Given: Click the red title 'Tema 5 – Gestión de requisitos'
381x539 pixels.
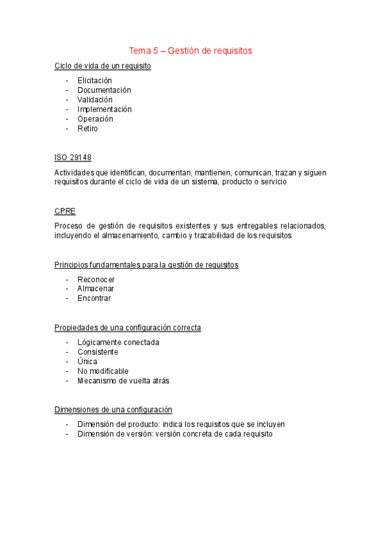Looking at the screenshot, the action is click(190, 50).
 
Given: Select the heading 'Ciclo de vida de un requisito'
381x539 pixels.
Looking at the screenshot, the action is click(102, 66).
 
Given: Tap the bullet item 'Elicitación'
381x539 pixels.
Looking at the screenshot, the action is click(94, 81).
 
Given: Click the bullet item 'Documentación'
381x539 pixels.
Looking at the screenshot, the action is click(104, 90).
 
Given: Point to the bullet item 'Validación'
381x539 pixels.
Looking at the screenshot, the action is click(95, 100).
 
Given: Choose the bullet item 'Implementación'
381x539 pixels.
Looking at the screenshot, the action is click(104, 109).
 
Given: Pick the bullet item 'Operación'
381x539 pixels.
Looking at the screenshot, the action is click(95, 119).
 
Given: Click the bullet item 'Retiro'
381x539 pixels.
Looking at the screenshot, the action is click(88, 128).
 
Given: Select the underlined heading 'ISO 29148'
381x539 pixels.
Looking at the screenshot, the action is click(73, 158).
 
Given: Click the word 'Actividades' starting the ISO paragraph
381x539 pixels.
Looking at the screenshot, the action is click(73, 172).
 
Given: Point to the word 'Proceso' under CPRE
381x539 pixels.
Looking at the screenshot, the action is click(68, 226).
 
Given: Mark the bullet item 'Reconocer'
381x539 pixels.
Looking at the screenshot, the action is click(96, 279).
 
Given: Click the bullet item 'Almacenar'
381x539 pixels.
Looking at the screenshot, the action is click(95, 289).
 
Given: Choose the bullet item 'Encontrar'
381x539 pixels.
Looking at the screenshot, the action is click(94, 298).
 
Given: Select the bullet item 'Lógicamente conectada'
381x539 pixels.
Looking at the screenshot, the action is click(118, 343).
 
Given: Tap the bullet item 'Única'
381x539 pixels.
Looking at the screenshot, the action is click(87, 362).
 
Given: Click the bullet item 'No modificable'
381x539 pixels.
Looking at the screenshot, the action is click(102, 371).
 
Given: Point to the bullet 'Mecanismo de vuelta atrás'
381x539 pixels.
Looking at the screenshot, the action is click(123, 381).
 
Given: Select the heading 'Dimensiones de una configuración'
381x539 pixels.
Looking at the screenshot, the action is click(113, 410).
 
